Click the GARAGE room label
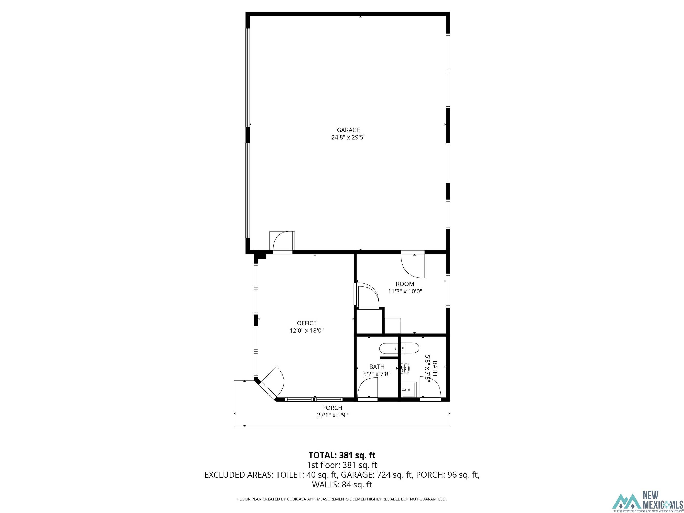(348, 130)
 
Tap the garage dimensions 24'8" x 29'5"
(348, 137)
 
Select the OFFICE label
(306, 323)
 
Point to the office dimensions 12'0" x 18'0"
(306, 331)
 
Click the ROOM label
(405, 284)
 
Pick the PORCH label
(332, 408)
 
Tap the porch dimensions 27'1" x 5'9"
(332, 415)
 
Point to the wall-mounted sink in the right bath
(405, 369)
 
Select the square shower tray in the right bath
(409, 389)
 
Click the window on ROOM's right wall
(448, 291)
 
